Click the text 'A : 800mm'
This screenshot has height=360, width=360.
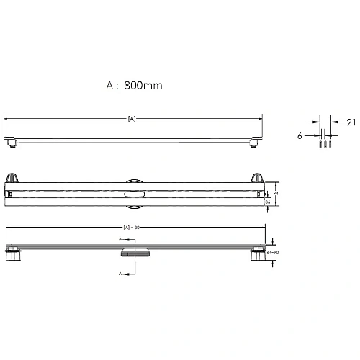[x=133, y=85]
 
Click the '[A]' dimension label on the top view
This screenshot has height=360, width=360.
[x=131, y=117]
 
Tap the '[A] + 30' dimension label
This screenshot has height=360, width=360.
[x=131, y=228]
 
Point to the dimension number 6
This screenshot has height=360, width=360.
[x=299, y=134]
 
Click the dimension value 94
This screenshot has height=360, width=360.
[x=276, y=193]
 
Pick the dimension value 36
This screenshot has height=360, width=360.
[x=269, y=203]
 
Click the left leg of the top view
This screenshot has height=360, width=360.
[x=12, y=143]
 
